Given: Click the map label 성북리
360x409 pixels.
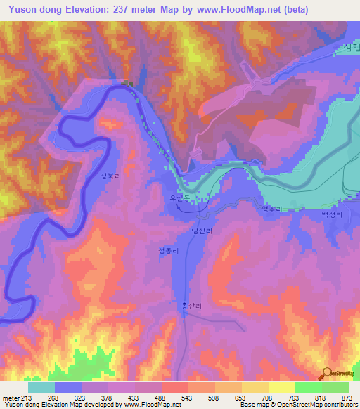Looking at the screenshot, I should pos(111,177).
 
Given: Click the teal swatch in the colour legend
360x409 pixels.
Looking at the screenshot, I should pos(41,387).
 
